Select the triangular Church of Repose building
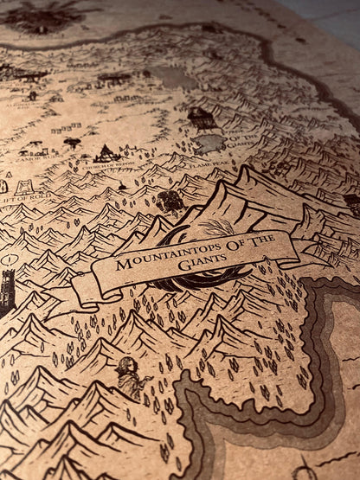[106, 153]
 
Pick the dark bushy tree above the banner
[170, 202]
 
